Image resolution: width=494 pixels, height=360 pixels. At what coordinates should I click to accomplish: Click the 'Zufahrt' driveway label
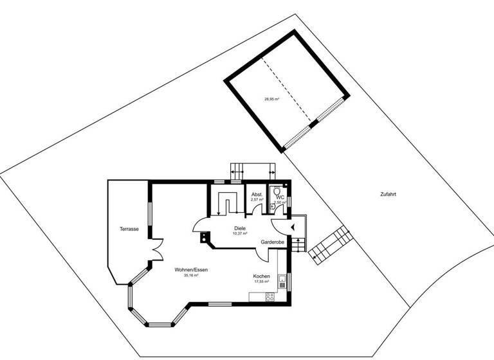pos(387,194)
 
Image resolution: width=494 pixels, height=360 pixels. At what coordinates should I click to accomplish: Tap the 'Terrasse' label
pos(129,229)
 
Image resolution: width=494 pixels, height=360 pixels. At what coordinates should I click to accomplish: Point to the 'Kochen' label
pos(261,276)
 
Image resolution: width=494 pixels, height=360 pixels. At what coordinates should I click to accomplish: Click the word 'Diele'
pos(239,228)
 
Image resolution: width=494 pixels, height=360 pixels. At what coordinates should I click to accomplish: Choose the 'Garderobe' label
pos(272,242)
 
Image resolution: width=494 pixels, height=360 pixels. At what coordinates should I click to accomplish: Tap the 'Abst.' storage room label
pos(257,194)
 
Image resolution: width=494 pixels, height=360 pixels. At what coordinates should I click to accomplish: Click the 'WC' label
pos(280,197)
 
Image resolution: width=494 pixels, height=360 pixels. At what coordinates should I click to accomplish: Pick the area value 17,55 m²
pos(261,282)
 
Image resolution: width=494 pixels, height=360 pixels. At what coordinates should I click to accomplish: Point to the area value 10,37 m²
pos(239,233)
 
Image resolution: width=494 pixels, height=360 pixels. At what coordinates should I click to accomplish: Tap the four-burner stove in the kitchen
pos(270,296)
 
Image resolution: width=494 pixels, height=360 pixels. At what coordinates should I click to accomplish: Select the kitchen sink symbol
pos(282,279)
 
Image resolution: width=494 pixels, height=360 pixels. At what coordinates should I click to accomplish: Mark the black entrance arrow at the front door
pos(293,226)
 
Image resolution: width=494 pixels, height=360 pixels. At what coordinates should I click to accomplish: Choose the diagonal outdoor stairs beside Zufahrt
pos(331,244)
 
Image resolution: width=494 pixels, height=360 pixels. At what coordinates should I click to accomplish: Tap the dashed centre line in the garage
pos(289,90)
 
